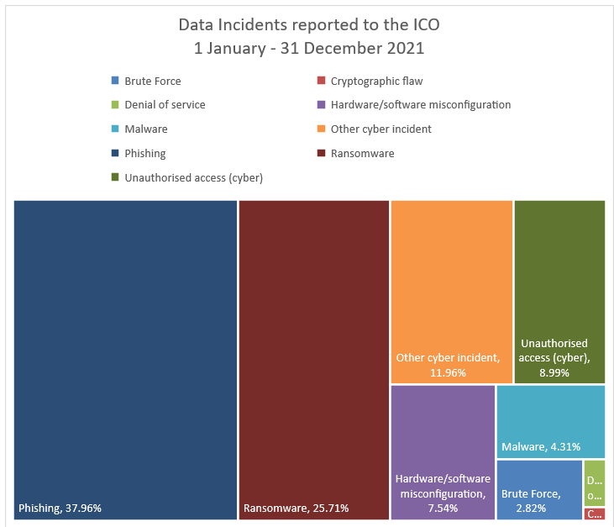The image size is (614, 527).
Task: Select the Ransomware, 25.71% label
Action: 296,508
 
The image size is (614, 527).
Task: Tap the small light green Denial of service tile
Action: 594,482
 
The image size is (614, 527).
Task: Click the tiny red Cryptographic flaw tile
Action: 594,514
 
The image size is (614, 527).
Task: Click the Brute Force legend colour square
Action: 115,82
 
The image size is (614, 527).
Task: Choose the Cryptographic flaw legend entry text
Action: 376,82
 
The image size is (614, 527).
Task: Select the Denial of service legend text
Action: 165,105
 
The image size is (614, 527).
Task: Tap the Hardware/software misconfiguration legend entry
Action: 421,105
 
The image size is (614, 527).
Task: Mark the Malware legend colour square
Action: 115,129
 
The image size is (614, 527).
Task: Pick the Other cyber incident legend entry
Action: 380,129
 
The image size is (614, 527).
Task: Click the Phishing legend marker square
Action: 115,154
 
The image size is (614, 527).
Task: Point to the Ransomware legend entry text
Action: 362,154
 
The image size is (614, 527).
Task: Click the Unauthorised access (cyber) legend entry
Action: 193,177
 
